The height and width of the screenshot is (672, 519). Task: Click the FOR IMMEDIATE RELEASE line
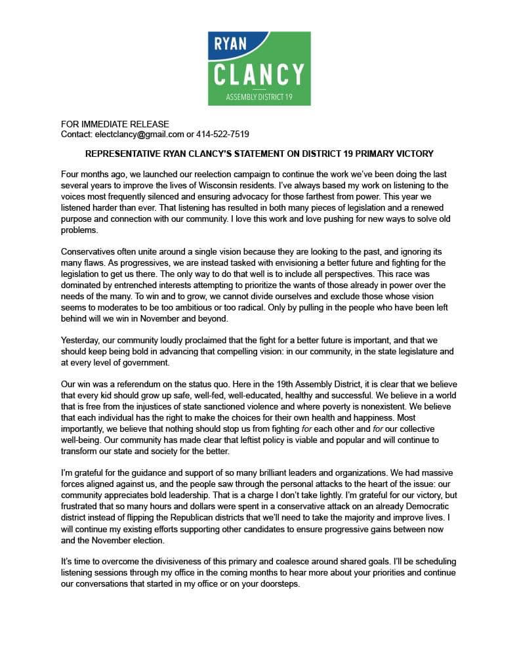pos(115,124)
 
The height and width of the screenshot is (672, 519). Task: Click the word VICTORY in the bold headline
pos(413,154)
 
